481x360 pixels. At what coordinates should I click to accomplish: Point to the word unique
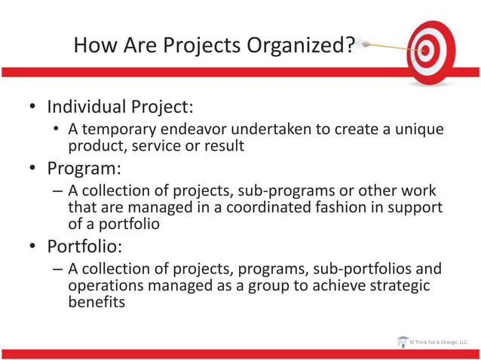419,130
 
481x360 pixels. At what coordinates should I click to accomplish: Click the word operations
107,286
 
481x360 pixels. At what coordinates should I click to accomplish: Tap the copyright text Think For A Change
438,342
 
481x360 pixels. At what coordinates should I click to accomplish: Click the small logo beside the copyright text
402,341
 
